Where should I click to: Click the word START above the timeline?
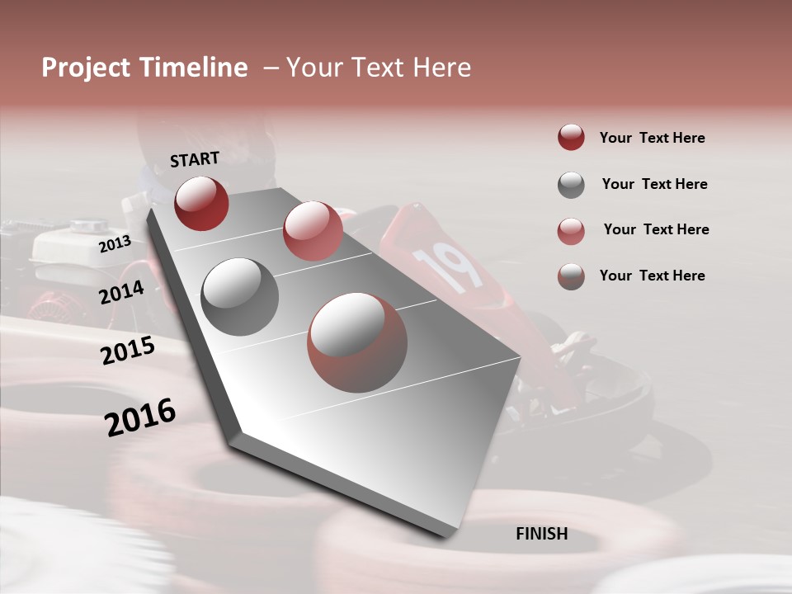(195, 159)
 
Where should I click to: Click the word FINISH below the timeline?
(541, 534)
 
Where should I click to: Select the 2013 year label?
(115, 243)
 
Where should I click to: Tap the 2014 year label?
(121, 292)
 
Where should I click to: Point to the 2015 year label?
(128, 351)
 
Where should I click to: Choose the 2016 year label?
(140, 417)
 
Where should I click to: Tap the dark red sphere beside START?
(201, 203)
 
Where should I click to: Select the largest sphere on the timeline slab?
(357, 343)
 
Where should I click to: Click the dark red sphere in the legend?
(571, 138)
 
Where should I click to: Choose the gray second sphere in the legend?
(571, 185)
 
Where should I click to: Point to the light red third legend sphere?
(571, 231)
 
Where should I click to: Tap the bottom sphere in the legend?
(571, 276)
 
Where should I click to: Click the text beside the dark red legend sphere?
(652, 138)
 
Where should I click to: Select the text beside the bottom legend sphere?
(652, 276)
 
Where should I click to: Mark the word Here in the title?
(441, 68)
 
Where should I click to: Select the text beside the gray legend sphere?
(654, 184)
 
